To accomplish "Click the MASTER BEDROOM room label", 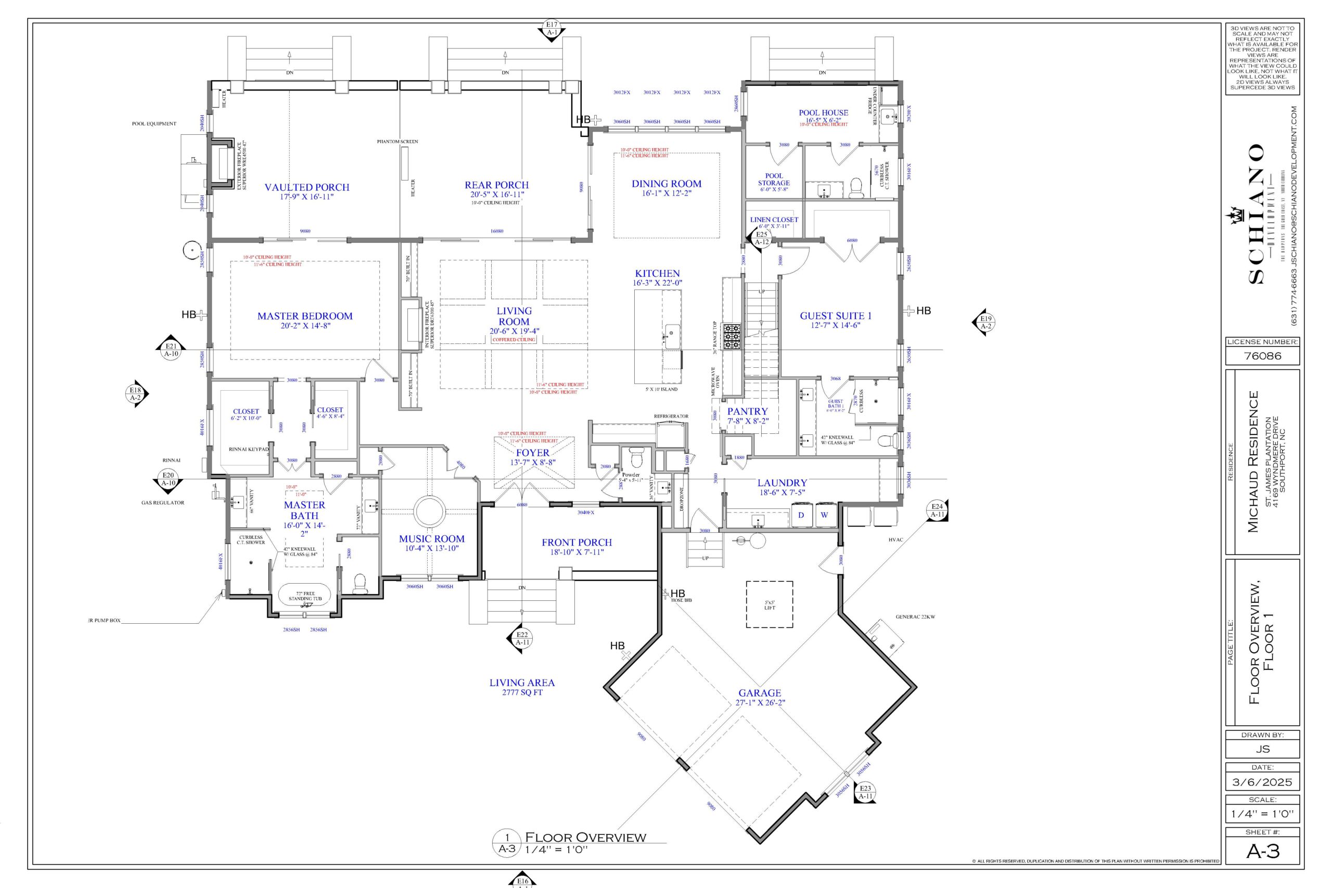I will click(305, 316).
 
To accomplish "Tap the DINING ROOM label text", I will click(666, 184).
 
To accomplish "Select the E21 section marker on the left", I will click(171, 350).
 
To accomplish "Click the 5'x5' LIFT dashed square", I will click(769, 604).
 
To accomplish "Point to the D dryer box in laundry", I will click(801, 515).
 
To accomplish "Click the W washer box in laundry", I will click(825, 515).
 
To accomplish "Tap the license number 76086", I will click(1262, 356).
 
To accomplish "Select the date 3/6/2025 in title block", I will click(1262, 782).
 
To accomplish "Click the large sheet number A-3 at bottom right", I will click(1262, 851).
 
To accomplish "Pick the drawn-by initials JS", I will click(1262, 749).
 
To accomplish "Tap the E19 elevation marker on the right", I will click(986, 321).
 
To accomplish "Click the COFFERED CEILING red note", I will click(514, 340).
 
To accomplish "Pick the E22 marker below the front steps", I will click(521, 638).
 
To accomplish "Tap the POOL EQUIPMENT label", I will click(154, 123).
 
